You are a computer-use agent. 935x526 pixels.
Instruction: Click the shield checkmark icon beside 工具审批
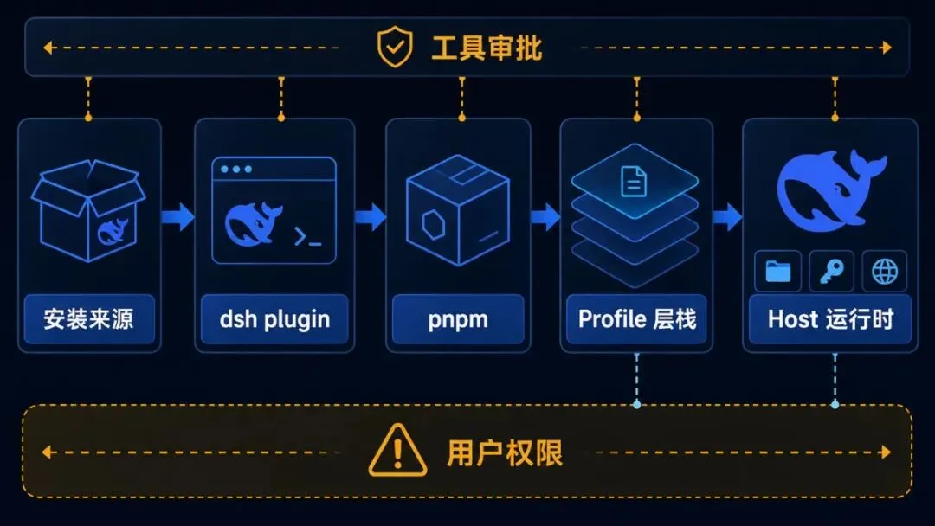point(395,47)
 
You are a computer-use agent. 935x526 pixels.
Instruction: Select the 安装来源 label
point(88,319)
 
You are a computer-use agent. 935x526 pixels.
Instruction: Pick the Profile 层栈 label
point(637,319)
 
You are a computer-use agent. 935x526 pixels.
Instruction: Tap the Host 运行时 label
point(830,319)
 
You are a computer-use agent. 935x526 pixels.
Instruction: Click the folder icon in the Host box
point(777,272)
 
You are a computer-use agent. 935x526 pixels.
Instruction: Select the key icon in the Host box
point(831,272)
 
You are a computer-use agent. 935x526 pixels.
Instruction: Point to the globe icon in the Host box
point(884,272)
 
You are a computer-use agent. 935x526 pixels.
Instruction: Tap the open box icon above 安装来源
point(88,210)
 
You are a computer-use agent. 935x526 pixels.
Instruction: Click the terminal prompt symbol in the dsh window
point(307,237)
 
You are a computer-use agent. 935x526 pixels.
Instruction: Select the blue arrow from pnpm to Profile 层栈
point(545,216)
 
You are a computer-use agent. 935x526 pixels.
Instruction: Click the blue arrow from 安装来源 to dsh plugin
point(177,216)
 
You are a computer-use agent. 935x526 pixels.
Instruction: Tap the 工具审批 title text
point(487,48)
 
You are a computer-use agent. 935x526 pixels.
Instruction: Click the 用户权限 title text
point(505,453)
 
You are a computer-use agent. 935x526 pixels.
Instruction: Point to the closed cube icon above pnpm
point(457,209)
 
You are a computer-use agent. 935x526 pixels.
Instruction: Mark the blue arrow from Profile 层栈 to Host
point(727,216)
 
